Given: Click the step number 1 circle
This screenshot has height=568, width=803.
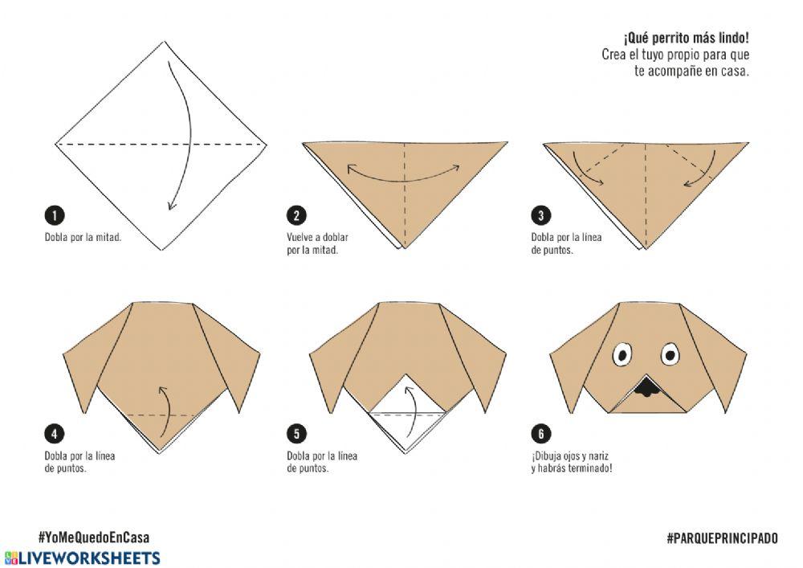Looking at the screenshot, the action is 55,215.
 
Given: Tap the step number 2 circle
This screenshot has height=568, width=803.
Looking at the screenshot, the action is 296,215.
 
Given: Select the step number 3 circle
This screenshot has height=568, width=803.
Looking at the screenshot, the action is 540,215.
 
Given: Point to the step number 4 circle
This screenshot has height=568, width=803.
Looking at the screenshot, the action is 55,434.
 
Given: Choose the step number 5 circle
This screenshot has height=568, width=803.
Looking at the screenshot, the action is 296,434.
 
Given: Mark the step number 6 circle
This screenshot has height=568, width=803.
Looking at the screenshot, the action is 540,434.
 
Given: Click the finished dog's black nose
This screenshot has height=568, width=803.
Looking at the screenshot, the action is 646,388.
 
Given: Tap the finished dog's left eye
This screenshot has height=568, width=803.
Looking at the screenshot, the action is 622,355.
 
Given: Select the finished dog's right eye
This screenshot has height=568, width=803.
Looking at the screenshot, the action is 670,354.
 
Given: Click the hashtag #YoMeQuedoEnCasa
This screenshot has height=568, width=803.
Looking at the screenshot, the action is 94,537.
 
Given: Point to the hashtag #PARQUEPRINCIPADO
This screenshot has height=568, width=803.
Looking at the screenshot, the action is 722,537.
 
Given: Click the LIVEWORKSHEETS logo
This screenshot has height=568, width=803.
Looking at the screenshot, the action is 82,558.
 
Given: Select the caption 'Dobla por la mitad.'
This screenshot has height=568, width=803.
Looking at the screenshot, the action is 83,237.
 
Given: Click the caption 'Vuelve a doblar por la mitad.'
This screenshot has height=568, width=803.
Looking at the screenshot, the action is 317,243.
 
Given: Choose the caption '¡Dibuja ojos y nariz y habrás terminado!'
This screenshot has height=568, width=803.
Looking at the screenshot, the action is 572,462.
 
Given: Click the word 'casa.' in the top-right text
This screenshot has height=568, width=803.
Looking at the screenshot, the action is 735,72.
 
